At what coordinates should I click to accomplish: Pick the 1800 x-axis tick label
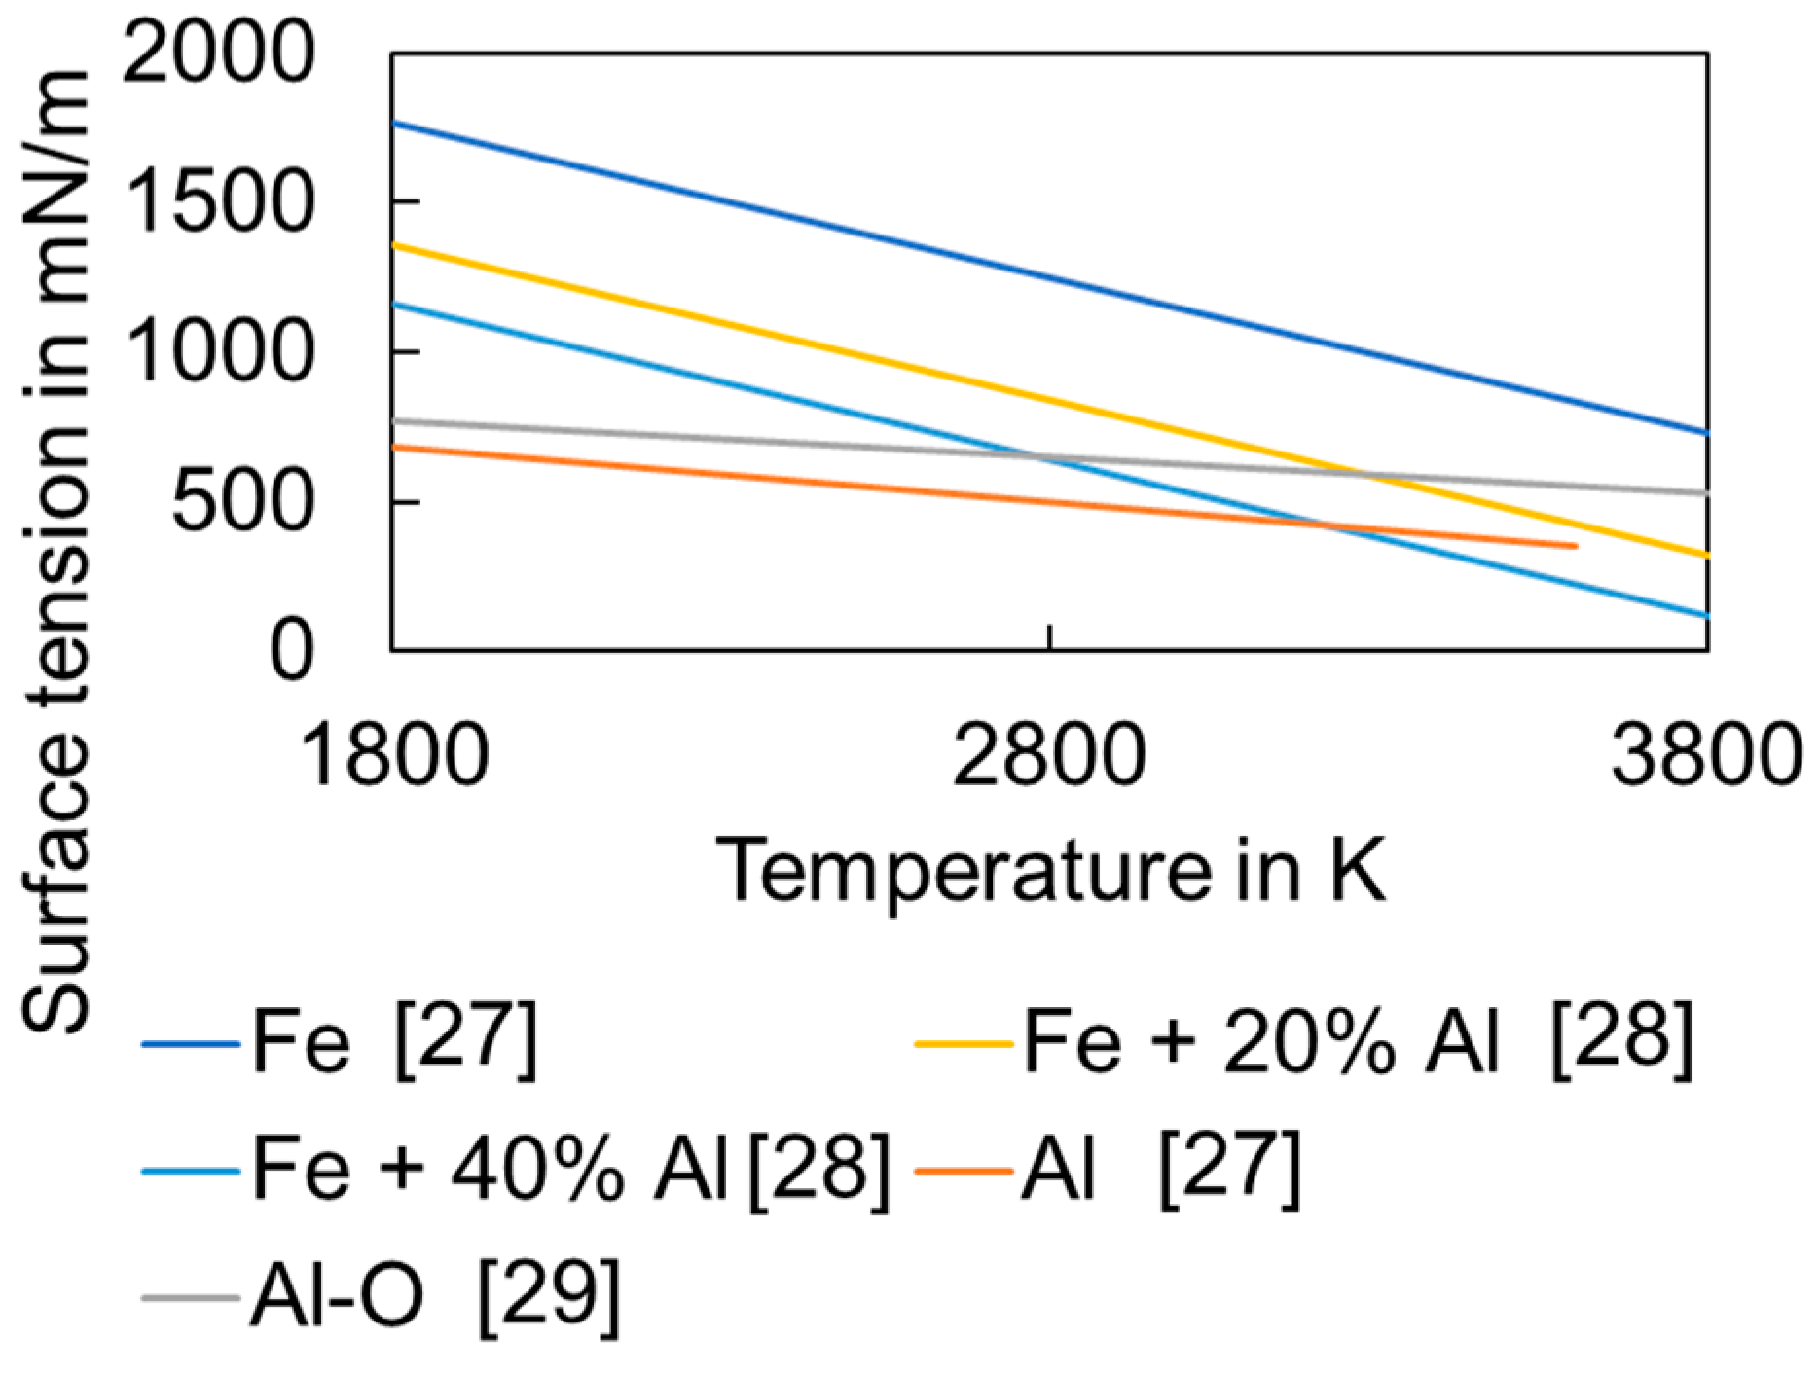point(394,755)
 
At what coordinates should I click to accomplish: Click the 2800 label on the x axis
point(1049,755)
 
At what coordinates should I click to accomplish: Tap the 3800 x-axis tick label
point(1705,755)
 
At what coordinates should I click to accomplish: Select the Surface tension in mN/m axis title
point(56,550)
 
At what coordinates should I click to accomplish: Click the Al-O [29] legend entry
point(433,1296)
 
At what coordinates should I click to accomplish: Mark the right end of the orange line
point(1574,546)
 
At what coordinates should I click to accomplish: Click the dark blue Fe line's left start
point(393,123)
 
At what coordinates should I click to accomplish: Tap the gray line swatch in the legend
point(191,1297)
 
